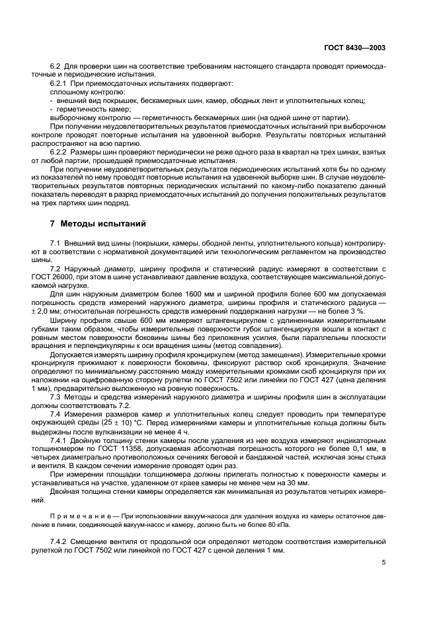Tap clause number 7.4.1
pos(60,438)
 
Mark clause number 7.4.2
pos(60,541)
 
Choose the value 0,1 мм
pos(370,447)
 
